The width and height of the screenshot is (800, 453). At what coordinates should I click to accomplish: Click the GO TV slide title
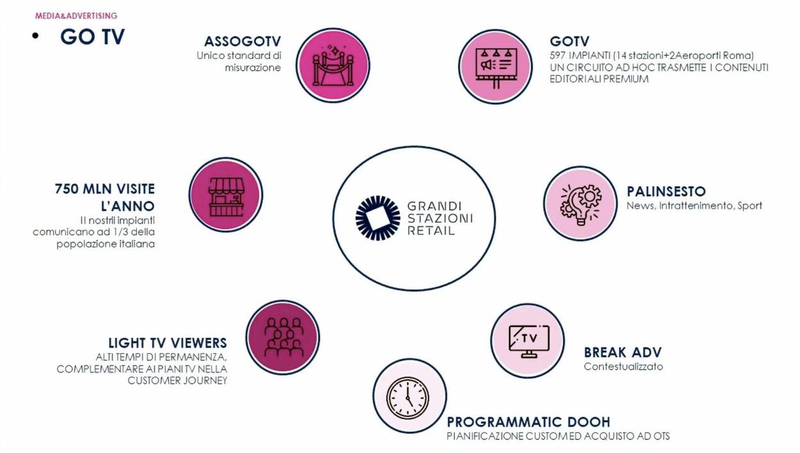tap(92, 36)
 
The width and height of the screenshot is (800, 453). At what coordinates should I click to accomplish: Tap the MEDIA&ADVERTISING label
tap(76, 15)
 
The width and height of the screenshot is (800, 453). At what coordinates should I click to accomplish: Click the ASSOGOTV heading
tap(242, 42)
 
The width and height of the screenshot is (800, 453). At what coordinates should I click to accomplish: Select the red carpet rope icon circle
tap(333, 65)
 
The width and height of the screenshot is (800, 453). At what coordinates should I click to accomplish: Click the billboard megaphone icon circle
tap(495, 66)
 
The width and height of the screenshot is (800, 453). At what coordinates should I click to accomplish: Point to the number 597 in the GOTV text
tap(558, 56)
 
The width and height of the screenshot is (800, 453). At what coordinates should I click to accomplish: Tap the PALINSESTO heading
tap(666, 191)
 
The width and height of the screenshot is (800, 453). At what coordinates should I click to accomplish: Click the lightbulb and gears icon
tap(580, 203)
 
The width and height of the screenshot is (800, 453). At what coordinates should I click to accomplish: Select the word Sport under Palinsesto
tap(749, 206)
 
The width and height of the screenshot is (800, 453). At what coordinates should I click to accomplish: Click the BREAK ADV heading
tap(622, 352)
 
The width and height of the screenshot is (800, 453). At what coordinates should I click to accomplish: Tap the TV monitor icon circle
tap(528, 340)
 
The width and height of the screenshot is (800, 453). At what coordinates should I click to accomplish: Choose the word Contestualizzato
tap(623, 367)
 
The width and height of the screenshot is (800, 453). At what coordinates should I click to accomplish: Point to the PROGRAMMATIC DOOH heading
tap(528, 422)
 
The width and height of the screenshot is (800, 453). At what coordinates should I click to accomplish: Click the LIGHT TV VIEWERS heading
tap(168, 343)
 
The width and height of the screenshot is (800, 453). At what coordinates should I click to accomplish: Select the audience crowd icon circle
tap(283, 337)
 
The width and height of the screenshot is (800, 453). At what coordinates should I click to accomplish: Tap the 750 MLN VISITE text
tap(105, 189)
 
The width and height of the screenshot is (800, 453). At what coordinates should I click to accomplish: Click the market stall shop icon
tap(226, 195)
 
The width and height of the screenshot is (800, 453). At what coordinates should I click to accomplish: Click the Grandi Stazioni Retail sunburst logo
tap(377, 218)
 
